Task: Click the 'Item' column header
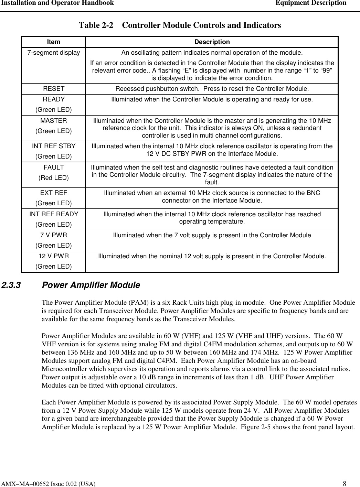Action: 53,42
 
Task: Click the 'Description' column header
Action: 212,42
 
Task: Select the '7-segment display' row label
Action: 54,53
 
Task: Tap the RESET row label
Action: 54,89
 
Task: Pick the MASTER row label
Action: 54,121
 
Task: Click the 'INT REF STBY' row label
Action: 54,146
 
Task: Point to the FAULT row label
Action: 54,167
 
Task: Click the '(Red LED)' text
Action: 54,178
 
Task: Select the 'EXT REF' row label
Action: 54,193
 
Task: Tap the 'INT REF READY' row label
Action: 54,214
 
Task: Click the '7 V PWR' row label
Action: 54,236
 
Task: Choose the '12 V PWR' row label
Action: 54,256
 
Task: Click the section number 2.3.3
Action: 11,285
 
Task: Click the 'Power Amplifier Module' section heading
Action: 91,285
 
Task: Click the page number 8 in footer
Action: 349,484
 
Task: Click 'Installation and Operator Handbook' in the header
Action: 57,3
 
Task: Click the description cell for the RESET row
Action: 212,89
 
